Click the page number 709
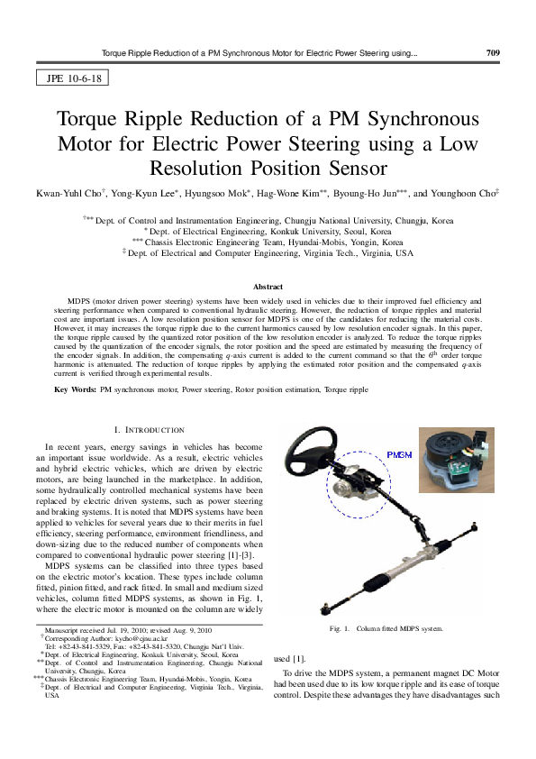[492, 53]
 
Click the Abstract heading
[267, 287]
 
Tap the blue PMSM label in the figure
[398, 454]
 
